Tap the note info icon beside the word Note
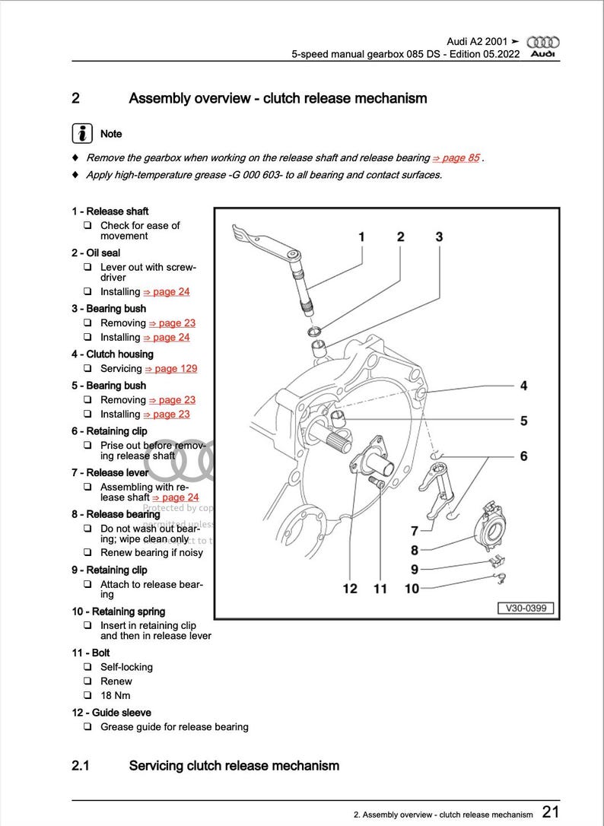coord(82,133)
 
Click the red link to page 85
coord(456,157)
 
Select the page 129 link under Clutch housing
coord(170,368)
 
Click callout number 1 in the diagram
coord(361,237)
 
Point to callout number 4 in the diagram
coord(523,386)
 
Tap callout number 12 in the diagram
coord(350,589)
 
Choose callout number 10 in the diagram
coord(412,589)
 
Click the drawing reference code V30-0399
coord(526,608)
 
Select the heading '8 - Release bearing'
coord(116,514)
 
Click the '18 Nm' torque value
coord(116,695)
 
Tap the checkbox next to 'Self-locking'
coord(87,667)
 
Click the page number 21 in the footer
coord(552,812)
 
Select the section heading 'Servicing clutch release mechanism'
coord(234,765)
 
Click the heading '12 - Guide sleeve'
coord(111,713)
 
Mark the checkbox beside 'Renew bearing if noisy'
coord(87,552)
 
